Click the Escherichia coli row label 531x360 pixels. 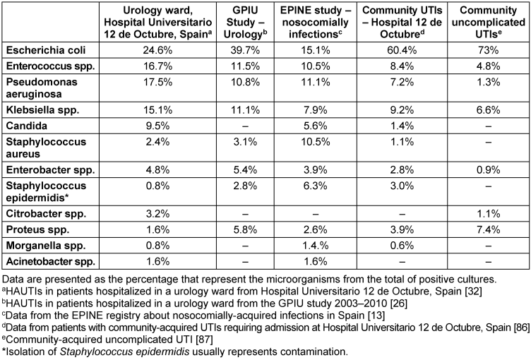click(46, 50)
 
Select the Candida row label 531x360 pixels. click(26, 126)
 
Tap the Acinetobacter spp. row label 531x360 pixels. click(51, 261)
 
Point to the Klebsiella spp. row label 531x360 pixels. click(42, 110)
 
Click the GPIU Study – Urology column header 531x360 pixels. click(245, 22)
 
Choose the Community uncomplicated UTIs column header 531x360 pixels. click(489, 22)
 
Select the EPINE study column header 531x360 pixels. click(315, 22)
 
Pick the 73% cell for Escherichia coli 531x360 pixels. click(489, 50)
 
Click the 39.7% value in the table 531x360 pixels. click(245, 50)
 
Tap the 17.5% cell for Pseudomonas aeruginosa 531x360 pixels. click(157, 83)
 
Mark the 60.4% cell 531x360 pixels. click(402, 50)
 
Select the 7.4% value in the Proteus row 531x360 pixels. click(489, 229)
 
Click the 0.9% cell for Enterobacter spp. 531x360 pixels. click(489, 170)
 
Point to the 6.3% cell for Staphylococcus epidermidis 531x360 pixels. click(315, 186)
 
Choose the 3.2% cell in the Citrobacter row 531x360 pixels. click(157, 214)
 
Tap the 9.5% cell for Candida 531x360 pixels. click(157, 126)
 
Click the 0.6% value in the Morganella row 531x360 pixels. click(402, 246)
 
